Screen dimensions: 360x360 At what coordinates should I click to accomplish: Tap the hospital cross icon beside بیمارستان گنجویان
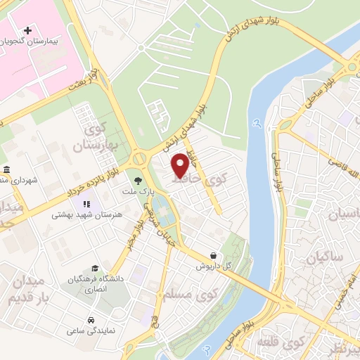pos(27,30)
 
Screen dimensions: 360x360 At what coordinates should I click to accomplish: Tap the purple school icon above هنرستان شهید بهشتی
pos(77,203)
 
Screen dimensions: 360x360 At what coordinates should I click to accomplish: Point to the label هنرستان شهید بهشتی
pos(77,215)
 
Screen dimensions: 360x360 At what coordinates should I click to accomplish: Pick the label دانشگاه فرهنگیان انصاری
pos(96,283)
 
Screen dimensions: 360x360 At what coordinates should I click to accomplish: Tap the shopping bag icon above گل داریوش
pos(213,256)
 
